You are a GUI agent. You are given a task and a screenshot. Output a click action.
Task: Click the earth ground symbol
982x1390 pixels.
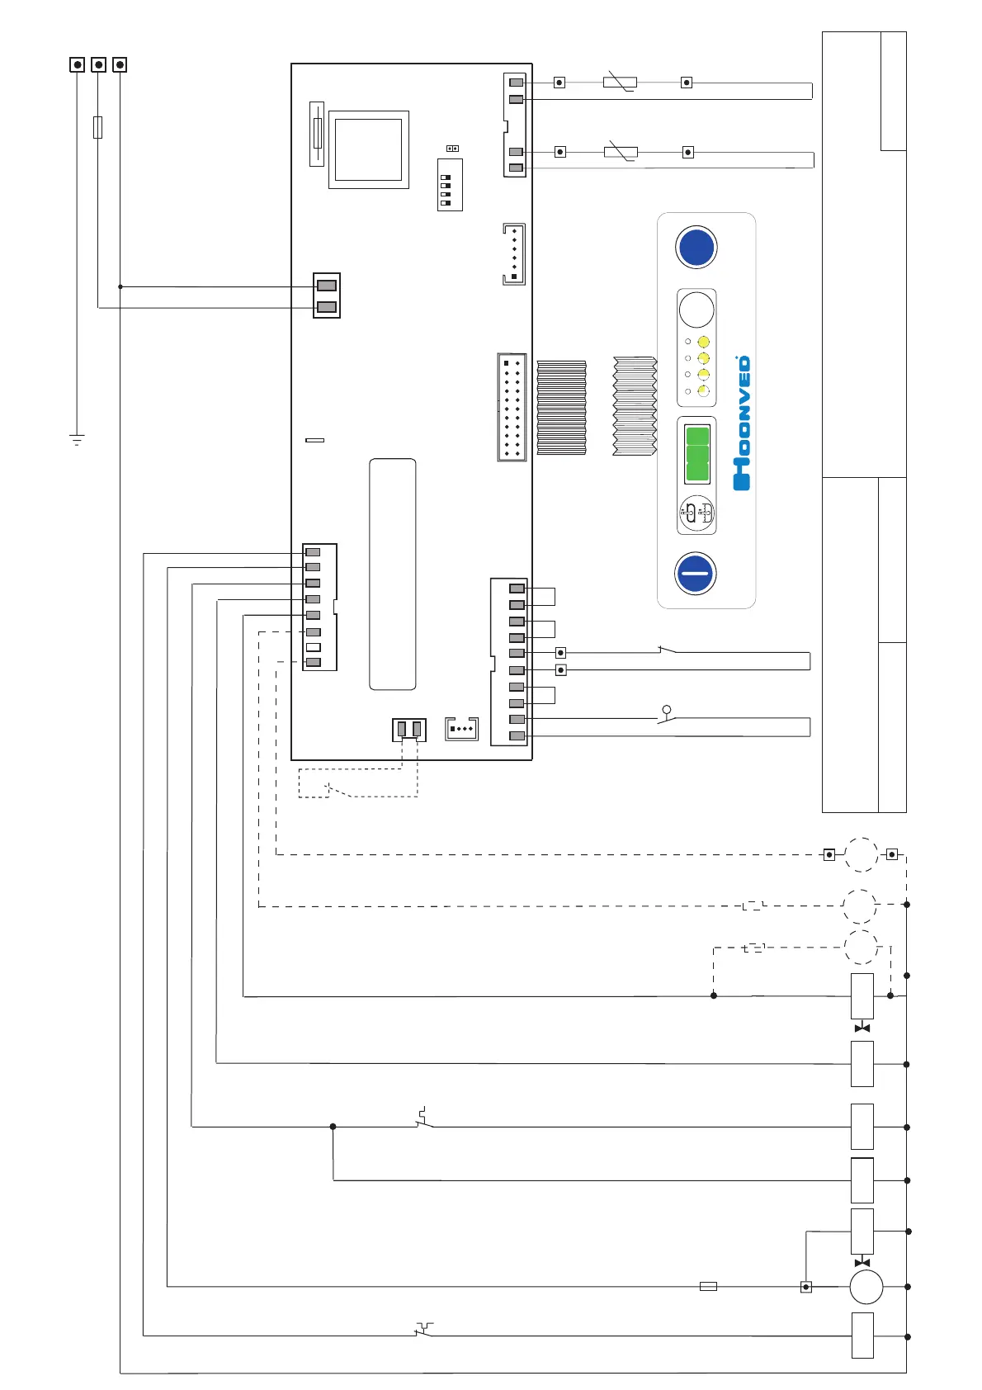[77, 439]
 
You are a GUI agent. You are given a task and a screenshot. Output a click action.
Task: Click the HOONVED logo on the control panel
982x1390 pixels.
[742, 423]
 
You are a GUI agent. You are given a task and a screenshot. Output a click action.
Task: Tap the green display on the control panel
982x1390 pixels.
[697, 453]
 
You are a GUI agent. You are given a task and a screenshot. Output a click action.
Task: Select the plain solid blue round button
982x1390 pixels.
[696, 247]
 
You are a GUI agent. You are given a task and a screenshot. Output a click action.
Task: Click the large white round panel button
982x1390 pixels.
[696, 310]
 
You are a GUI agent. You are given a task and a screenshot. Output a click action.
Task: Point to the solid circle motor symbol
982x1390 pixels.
[866, 1286]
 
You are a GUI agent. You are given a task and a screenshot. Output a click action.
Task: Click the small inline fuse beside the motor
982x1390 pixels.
[708, 1286]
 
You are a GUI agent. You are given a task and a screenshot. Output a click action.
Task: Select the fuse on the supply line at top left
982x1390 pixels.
[98, 127]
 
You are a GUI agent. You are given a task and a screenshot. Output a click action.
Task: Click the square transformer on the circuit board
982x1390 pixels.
[368, 149]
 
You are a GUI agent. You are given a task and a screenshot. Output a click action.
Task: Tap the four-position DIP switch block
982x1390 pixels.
[450, 186]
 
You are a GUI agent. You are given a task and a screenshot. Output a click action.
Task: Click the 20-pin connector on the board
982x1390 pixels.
[512, 407]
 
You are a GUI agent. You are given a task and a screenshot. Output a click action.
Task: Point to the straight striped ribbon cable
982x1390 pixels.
[561, 407]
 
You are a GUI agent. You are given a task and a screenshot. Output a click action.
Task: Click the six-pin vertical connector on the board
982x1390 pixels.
[514, 254]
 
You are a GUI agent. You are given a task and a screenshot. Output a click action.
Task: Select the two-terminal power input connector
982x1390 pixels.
[327, 295]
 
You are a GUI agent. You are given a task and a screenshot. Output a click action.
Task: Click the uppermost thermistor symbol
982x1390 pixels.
[620, 82]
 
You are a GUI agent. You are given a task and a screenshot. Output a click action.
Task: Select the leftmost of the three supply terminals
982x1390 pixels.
[78, 64]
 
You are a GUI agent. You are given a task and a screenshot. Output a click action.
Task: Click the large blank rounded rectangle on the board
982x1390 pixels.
[392, 574]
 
